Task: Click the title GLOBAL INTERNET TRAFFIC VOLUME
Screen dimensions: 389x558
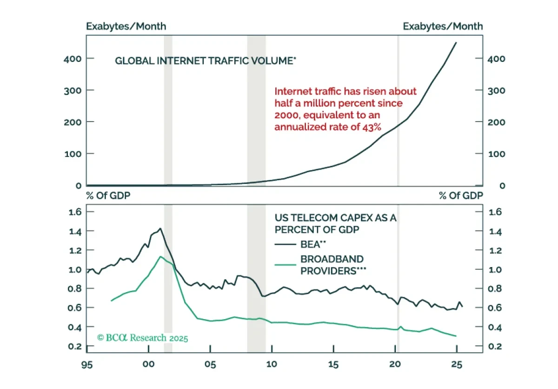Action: (x=206, y=61)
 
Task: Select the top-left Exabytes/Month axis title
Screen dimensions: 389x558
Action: (x=126, y=27)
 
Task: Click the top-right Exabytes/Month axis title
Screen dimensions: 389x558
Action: (x=443, y=27)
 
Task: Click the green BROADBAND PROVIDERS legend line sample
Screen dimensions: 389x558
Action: (x=285, y=264)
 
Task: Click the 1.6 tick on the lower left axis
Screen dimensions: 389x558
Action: (x=75, y=212)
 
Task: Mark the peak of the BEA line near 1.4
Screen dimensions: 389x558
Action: (x=160, y=228)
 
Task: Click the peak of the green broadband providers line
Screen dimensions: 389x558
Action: (x=160, y=256)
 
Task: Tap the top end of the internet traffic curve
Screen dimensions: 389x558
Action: (x=456, y=42)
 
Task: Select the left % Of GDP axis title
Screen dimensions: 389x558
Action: (x=108, y=195)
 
